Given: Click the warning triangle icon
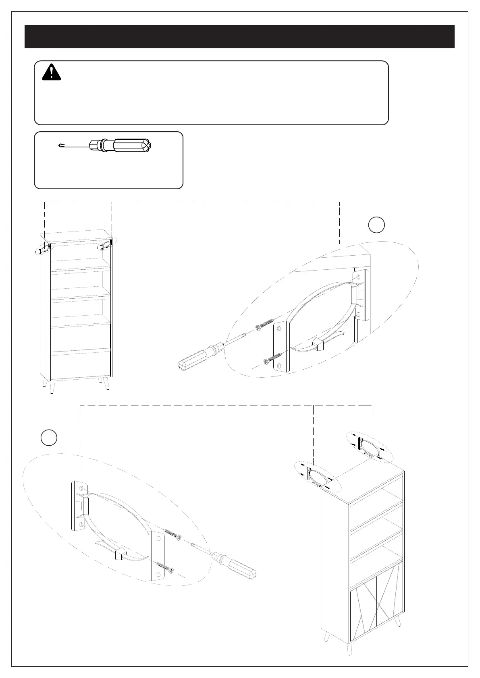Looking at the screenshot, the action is click(x=51, y=72).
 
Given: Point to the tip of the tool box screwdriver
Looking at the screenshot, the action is click(x=60, y=146).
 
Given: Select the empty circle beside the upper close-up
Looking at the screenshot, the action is click(x=376, y=225).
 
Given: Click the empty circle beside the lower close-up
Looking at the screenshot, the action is click(x=49, y=438).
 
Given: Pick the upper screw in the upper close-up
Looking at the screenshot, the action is click(x=263, y=325).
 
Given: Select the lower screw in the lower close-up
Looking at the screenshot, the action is click(x=165, y=567).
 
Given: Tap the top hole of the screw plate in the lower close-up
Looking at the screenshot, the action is click(x=158, y=537).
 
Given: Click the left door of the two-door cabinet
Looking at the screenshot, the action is click(x=364, y=614).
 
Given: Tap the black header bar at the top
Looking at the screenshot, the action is click(x=239, y=37).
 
